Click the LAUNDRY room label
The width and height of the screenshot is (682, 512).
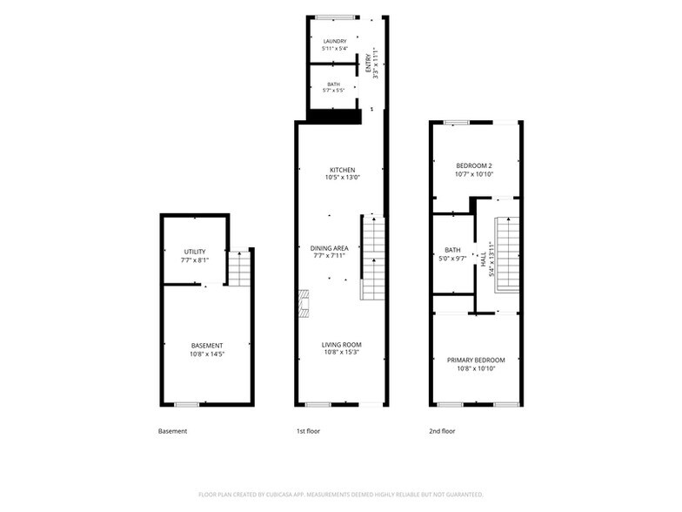[335, 42]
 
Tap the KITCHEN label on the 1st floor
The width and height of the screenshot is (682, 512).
[343, 170]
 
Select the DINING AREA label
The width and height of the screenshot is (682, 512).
[329, 248]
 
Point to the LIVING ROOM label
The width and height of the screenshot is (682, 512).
[341, 345]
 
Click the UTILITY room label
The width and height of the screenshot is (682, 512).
[195, 252]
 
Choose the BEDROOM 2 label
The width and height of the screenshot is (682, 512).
[474, 165]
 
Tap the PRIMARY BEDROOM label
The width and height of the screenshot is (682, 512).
[477, 360]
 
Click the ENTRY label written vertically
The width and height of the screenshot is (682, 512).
[369, 63]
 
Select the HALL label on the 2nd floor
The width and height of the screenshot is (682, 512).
[484, 259]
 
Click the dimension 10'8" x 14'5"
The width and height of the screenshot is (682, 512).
[207, 354]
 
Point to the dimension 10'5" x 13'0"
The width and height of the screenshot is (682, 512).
[343, 178]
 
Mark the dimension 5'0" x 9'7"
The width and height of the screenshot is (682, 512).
[452, 258]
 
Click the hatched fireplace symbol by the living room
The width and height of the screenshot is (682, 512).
[304, 303]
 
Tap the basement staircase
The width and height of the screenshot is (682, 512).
[240, 268]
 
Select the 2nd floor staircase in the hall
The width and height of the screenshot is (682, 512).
[508, 254]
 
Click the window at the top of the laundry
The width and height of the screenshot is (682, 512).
[335, 17]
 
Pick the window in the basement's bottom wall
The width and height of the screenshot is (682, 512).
[186, 404]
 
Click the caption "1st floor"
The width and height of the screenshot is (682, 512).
[308, 431]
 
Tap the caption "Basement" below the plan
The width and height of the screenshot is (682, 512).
[172, 431]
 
